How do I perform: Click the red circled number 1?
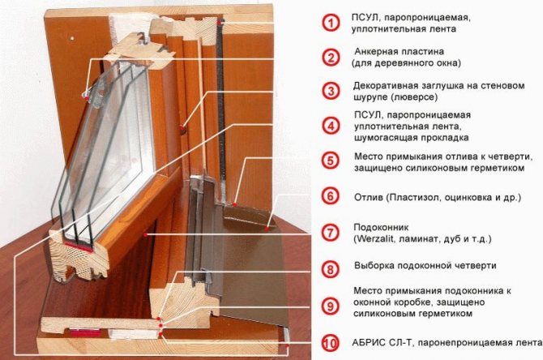pyautogui.click(x=331, y=23)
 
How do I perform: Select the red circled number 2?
pyautogui.click(x=331, y=58)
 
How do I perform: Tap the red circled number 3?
pyautogui.click(x=331, y=91)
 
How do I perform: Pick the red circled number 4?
pyautogui.click(x=331, y=126)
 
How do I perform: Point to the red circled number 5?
pyautogui.click(x=331, y=161)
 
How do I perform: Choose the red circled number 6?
pyautogui.click(x=331, y=196)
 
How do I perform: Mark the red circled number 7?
pyautogui.click(x=331, y=233)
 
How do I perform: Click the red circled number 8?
pyautogui.click(x=331, y=269)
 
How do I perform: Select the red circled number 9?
pyautogui.click(x=331, y=306)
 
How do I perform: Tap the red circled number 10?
pyautogui.click(x=331, y=343)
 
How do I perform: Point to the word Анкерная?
pyautogui.click(x=375, y=52)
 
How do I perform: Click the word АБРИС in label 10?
pyautogui.click(x=369, y=343)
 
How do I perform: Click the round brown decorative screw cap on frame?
pyautogui.click(x=183, y=128)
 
